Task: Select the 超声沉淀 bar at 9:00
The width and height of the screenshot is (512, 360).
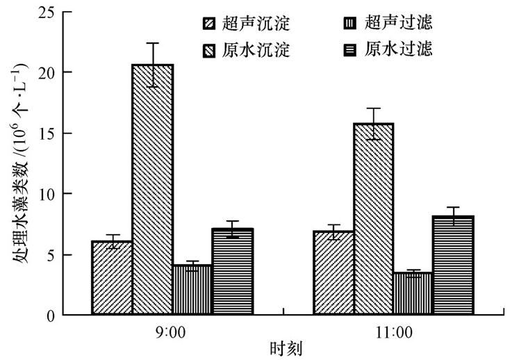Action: [112, 278]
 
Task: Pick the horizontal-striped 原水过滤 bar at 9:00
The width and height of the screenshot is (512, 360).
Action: [232, 272]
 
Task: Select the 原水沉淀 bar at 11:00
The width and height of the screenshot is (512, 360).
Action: [374, 219]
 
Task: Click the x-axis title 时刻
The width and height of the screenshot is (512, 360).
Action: [286, 347]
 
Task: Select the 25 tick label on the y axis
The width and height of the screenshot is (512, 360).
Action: [47, 12]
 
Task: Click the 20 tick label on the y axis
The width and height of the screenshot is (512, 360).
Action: [47, 72]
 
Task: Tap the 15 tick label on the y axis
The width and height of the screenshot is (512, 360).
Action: [47, 133]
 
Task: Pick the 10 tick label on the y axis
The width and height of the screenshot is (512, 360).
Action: [47, 194]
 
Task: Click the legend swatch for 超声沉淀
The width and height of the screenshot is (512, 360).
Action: [209, 24]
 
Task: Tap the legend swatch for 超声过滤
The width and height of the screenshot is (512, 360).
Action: [349, 24]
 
